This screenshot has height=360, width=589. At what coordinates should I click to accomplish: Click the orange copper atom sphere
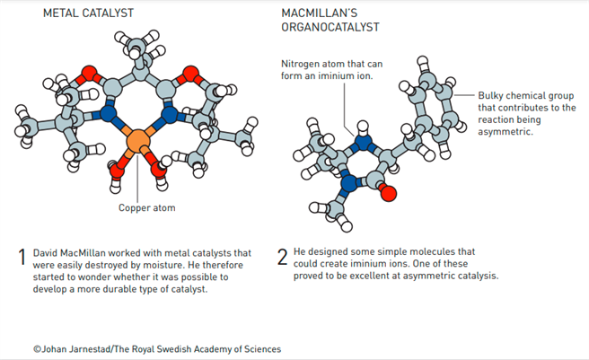136,141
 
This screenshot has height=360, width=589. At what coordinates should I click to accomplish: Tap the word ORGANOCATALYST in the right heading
328,28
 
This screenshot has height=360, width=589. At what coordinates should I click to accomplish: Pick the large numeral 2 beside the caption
282,259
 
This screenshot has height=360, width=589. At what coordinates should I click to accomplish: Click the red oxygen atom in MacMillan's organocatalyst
387,192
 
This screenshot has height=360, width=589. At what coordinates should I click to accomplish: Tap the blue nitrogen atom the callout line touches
363,142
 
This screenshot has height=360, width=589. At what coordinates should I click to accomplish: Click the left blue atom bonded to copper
109,114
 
